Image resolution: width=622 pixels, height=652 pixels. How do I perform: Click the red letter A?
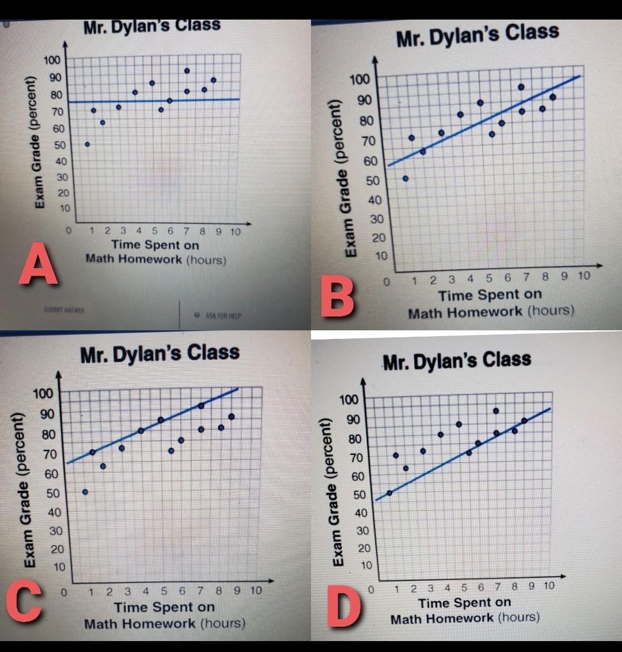point(39,263)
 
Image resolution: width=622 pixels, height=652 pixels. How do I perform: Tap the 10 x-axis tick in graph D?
point(548,586)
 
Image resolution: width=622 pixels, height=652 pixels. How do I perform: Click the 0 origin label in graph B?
point(387,283)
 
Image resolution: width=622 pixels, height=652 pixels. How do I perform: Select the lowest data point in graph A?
point(88,144)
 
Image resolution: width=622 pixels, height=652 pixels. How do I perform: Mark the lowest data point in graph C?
point(85,492)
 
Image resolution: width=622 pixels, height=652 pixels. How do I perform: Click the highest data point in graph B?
point(521,87)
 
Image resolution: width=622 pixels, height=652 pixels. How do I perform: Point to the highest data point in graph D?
point(496,411)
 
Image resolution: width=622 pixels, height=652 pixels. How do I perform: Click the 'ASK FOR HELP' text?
point(222,315)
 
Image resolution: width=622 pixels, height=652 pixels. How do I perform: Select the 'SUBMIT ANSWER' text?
point(64,309)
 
